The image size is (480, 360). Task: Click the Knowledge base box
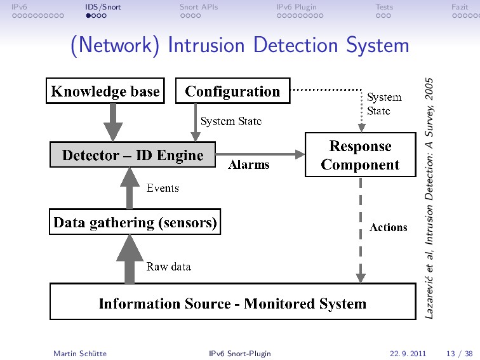click(105, 91)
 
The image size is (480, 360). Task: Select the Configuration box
click(232, 91)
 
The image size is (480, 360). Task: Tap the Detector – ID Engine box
click(133, 154)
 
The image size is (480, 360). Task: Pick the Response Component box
click(360, 155)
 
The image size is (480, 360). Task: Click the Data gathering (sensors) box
click(135, 222)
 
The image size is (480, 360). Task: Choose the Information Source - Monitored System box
click(232, 302)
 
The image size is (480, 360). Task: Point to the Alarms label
click(249, 164)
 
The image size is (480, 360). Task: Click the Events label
click(163, 188)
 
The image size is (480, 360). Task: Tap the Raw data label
click(169, 266)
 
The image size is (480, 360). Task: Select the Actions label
click(389, 227)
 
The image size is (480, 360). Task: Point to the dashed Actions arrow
click(361, 230)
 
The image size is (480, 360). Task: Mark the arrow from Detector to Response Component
click(260, 154)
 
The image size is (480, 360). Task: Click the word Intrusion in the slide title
click(206, 45)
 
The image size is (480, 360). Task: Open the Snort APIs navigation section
click(199, 7)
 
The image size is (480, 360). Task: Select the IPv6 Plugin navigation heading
click(297, 7)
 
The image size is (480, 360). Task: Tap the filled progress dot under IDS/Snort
click(88, 16)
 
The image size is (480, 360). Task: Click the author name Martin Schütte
click(80, 354)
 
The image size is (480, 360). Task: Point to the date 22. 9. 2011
click(408, 354)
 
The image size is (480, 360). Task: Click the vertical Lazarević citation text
click(429, 198)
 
